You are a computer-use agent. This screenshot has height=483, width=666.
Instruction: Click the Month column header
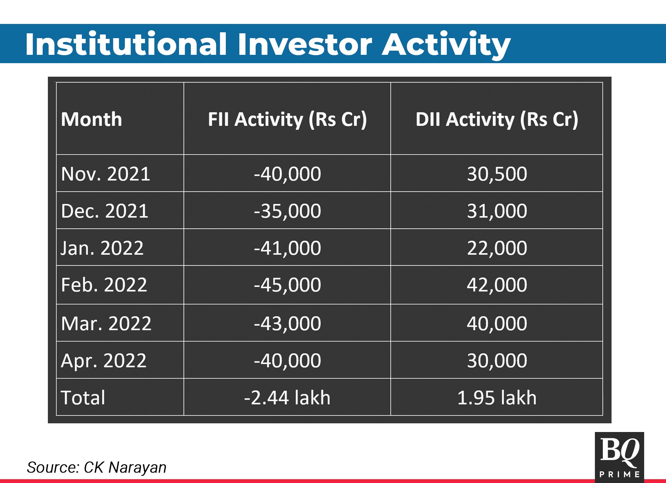[92, 119]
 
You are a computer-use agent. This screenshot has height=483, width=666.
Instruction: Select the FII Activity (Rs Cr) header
[287, 120]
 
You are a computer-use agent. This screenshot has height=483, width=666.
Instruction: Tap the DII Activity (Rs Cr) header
[497, 120]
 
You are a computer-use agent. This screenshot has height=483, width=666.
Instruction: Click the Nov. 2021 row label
[105, 174]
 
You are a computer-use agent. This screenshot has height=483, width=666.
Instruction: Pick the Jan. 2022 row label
[102, 248]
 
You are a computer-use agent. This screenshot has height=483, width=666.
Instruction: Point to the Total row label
[83, 398]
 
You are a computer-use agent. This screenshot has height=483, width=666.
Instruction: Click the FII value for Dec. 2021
[287, 211]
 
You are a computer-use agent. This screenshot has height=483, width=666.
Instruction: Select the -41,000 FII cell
[287, 248]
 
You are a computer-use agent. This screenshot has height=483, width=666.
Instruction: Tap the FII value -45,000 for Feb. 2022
[287, 285]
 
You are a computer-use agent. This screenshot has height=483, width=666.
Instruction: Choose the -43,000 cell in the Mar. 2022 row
[287, 323]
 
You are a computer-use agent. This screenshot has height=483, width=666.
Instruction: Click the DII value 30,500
[497, 174]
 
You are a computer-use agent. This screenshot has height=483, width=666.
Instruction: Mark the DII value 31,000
[497, 211]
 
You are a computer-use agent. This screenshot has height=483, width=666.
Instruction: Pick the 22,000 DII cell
[497, 248]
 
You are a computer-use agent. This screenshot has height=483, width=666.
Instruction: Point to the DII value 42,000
[497, 285]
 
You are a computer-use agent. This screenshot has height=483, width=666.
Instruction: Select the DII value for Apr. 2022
[497, 361]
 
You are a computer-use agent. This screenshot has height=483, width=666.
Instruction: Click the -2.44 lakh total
[287, 398]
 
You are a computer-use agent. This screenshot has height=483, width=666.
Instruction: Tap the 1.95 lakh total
[497, 398]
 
